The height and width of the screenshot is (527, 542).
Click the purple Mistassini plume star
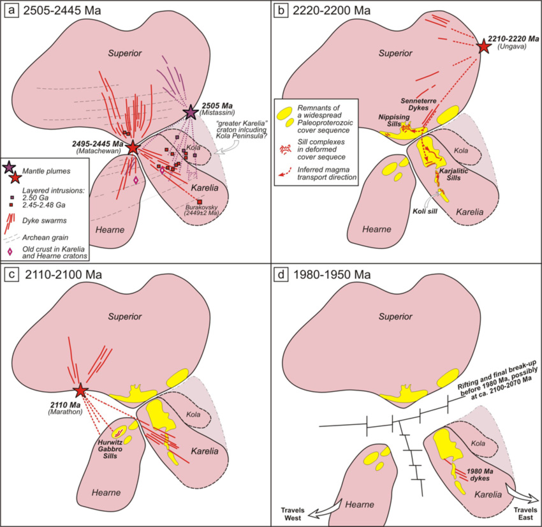tap(191, 112)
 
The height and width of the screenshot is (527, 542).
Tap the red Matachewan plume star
tap(133, 147)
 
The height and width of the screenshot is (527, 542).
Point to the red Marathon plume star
tap(80, 391)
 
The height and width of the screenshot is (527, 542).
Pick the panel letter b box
tap(282, 11)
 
